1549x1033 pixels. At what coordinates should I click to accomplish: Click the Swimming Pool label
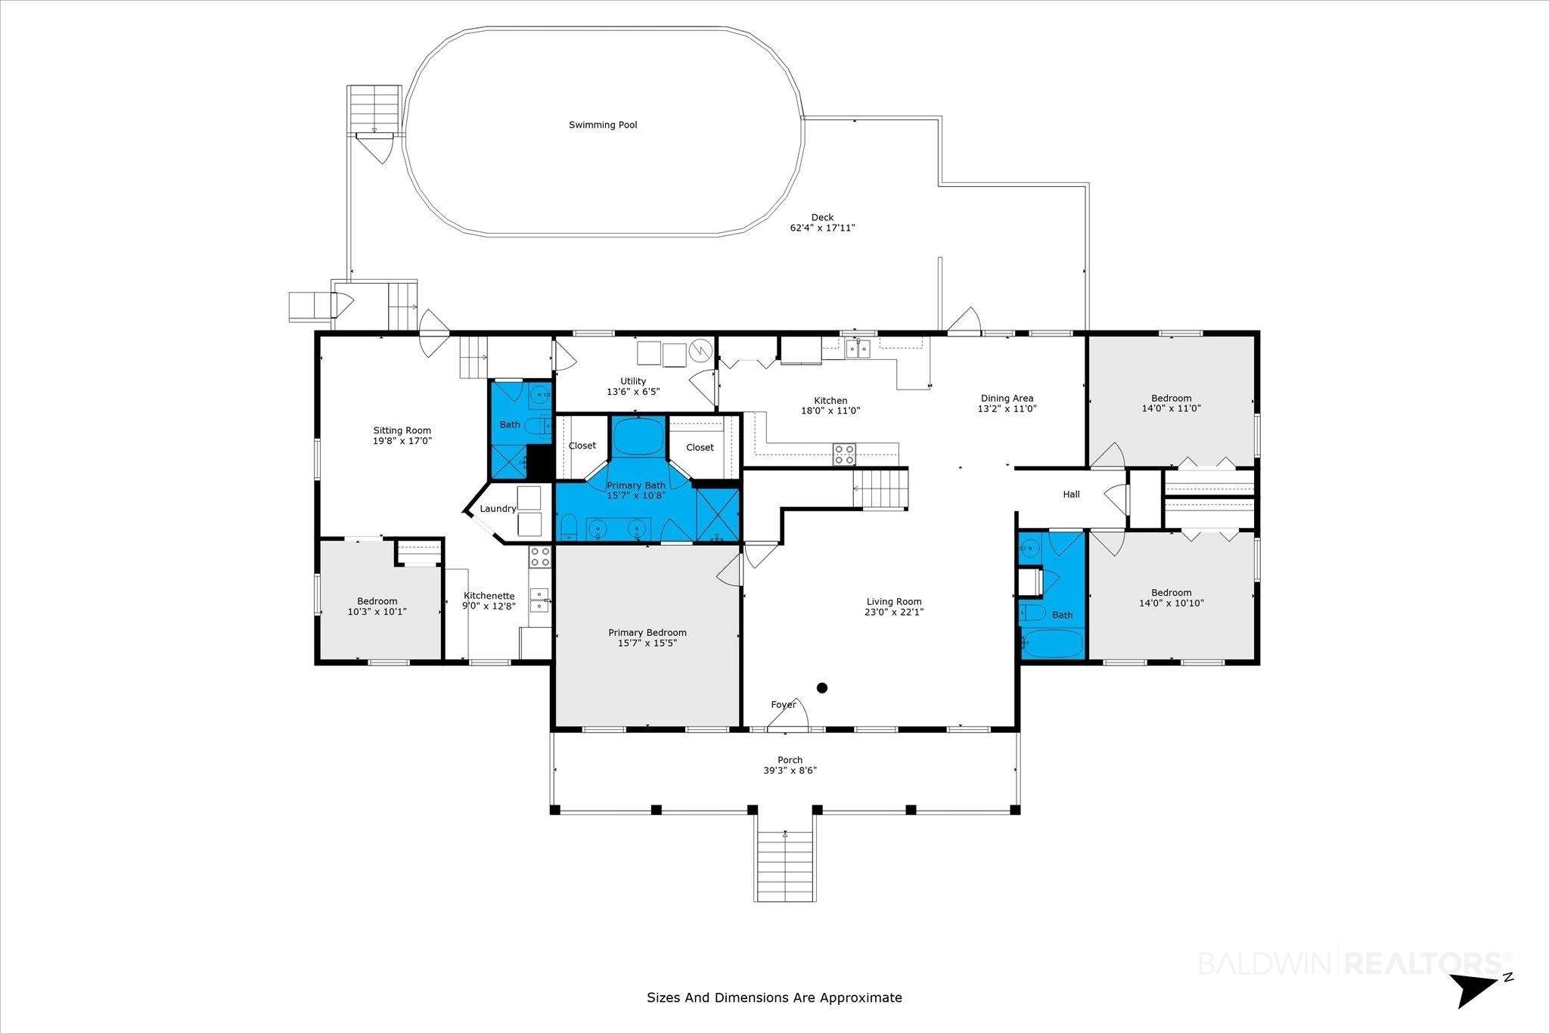click(603, 125)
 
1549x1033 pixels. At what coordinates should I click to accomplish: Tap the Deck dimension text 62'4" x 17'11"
click(822, 228)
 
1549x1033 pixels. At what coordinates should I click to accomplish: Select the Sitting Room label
click(402, 430)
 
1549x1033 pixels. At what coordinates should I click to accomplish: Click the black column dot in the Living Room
click(822, 688)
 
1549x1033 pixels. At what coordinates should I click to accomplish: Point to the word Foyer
click(784, 705)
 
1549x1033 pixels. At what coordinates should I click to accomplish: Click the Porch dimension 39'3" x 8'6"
click(790, 771)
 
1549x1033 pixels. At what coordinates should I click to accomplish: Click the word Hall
click(1071, 495)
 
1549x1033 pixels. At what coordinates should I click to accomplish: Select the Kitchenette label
click(489, 596)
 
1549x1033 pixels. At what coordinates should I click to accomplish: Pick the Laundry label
click(498, 509)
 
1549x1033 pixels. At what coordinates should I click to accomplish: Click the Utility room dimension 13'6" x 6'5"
click(633, 392)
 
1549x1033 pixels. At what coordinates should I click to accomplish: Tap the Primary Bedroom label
click(647, 632)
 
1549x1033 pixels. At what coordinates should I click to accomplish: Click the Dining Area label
click(1007, 399)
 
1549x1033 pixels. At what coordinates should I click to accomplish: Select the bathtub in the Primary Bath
click(638, 437)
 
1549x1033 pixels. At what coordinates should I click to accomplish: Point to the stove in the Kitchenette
click(540, 557)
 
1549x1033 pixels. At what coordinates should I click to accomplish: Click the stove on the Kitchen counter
click(845, 454)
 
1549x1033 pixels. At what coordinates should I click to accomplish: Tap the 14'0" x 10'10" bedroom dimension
click(1172, 603)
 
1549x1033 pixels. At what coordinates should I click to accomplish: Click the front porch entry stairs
click(786, 867)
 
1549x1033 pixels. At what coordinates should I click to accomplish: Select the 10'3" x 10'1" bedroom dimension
click(377, 612)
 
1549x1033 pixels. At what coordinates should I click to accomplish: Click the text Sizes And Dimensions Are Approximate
click(774, 997)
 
